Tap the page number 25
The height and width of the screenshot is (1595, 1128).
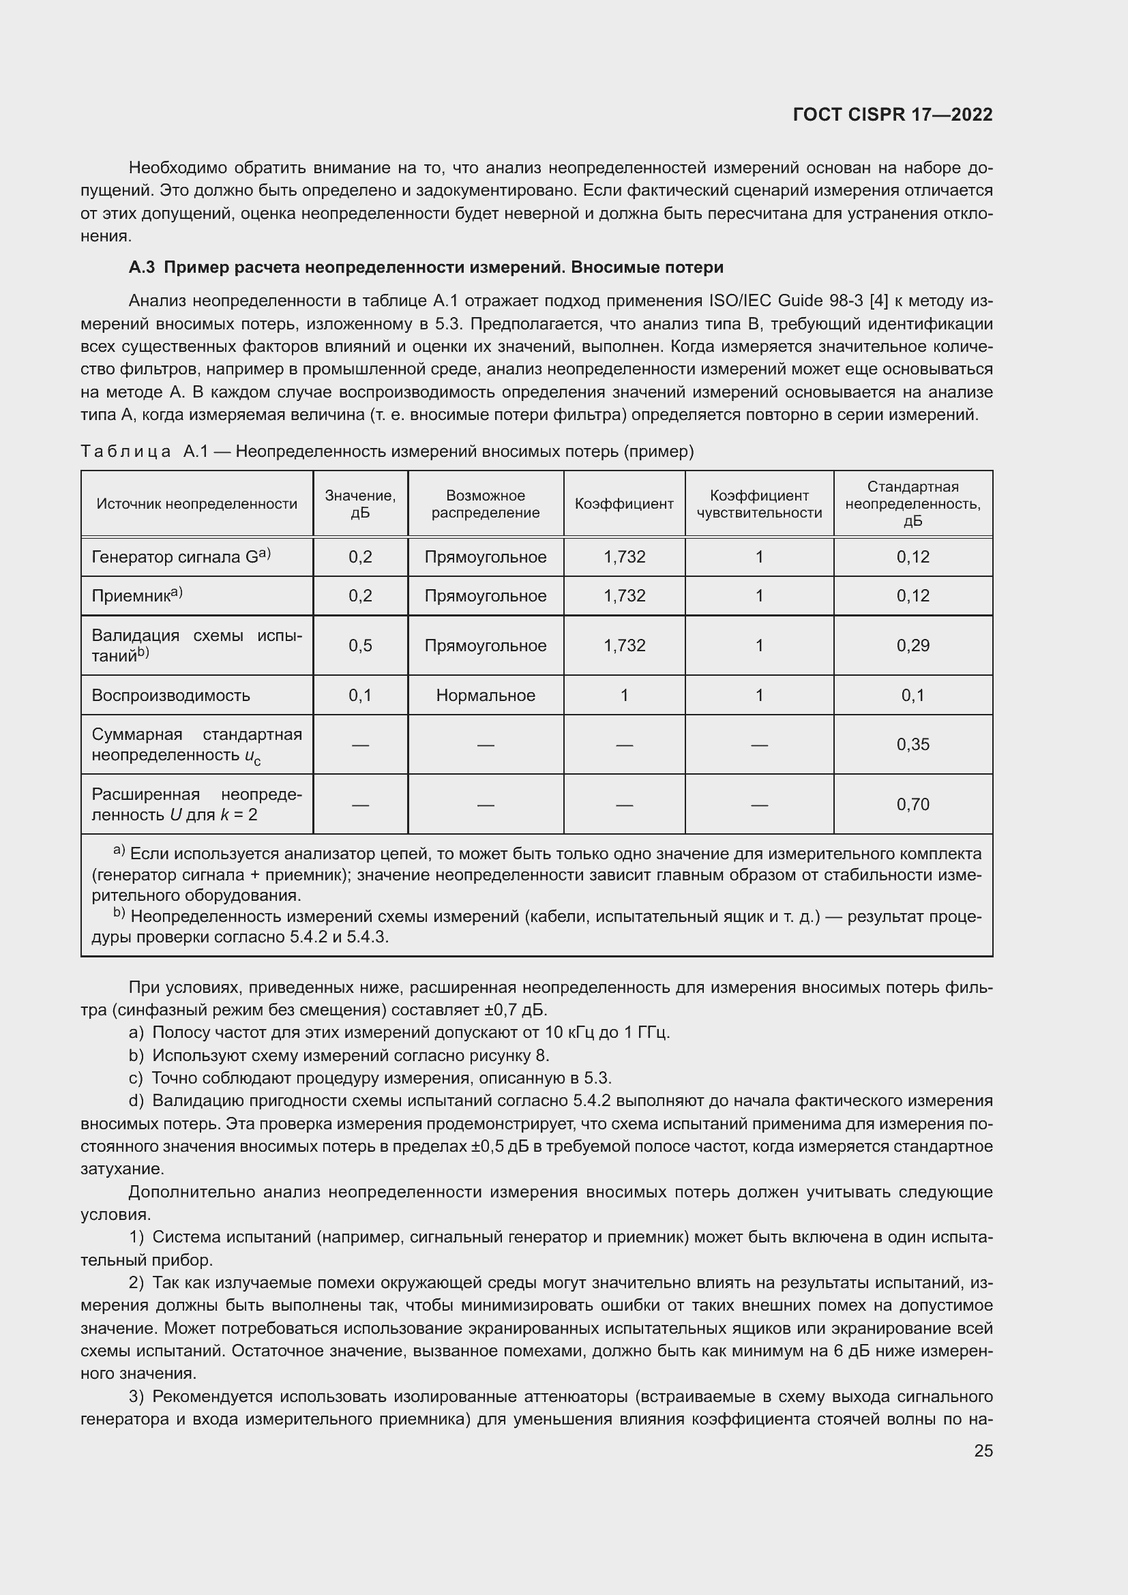pyautogui.click(x=983, y=1450)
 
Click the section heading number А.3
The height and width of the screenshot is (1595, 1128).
pyautogui.click(x=142, y=267)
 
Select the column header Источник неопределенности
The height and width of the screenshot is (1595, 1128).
pyautogui.click(x=196, y=504)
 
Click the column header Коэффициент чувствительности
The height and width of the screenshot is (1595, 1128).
pyautogui.click(x=758, y=504)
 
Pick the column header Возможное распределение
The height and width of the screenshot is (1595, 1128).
pyautogui.click(x=485, y=504)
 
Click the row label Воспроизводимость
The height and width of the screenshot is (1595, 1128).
pyautogui.click(x=171, y=696)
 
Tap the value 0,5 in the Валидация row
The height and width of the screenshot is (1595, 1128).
pyautogui.click(x=360, y=645)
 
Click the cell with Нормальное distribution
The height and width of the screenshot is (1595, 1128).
pyautogui.click(x=485, y=696)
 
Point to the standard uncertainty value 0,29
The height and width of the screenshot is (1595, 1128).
pyautogui.click(x=912, y=645)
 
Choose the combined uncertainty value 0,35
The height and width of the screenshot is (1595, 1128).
pyautogui.click(x=912, y=745)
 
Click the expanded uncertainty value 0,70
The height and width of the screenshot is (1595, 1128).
pyautogui.click(x=912, y=805)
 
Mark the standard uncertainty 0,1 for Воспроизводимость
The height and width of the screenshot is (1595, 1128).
pyautogui.click(x=912, y=696)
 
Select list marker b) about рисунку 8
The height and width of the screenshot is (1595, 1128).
pyautogui.click(x=136, y=1056)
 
